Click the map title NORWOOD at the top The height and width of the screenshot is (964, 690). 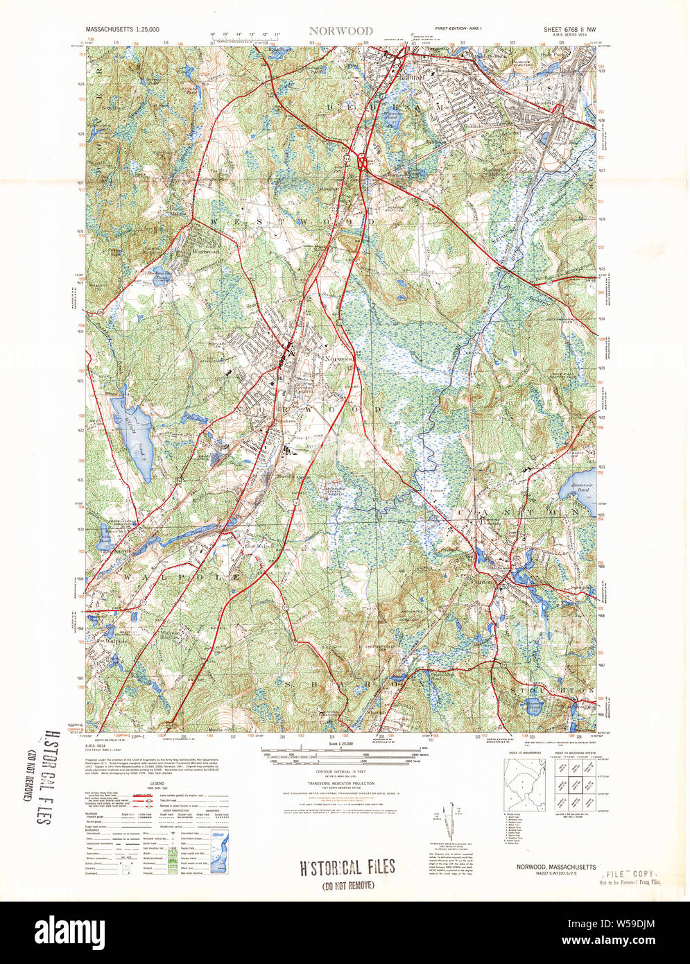pos(340,31)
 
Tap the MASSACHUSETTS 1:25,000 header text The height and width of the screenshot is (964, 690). pos(121,31)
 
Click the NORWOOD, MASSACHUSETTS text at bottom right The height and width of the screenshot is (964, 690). pos(555,867)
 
